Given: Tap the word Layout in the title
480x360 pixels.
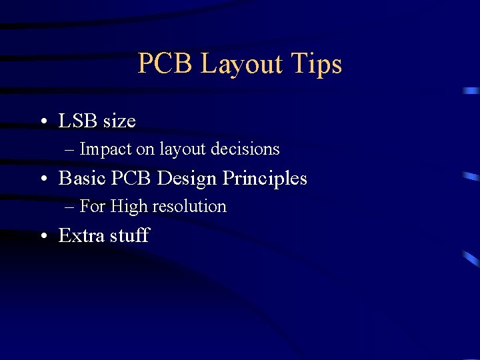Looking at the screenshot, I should pos(241,65).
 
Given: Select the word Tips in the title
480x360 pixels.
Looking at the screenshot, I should pos(316,65).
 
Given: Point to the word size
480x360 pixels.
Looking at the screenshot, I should pos(119,122).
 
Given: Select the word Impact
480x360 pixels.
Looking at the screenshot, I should pos(106,149).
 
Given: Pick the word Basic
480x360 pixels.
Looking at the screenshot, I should pos(81,179).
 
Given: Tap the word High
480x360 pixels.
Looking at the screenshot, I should pos(129,207).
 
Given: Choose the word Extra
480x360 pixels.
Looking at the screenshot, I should pos(79,235).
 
